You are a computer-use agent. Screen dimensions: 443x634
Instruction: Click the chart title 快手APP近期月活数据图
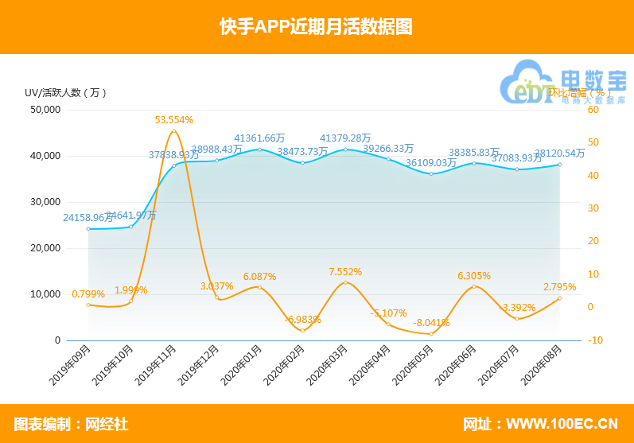point(317,26)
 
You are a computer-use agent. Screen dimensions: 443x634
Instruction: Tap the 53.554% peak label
point(174,120)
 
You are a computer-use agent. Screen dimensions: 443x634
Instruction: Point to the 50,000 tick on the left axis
point(45,110)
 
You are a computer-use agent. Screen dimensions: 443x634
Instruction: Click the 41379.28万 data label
point(346,138)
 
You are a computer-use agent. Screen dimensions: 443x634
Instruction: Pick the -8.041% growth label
point(431,323)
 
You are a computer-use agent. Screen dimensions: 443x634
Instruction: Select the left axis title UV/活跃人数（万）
point(66,92)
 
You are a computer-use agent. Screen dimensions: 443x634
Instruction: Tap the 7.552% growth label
point(346,272)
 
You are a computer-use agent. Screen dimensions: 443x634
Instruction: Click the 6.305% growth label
point(474,276)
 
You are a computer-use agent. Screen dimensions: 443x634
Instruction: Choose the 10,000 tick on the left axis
point(45,294)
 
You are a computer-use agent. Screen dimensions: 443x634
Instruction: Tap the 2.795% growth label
point(560,287)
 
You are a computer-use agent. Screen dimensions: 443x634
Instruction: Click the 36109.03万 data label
point(431,163)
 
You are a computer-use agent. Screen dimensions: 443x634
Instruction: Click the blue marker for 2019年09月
point(88,229)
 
